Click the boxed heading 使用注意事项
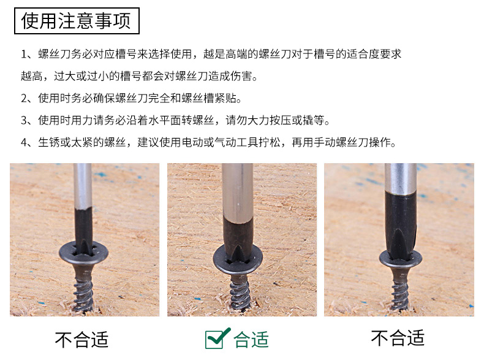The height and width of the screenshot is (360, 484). point(77,21)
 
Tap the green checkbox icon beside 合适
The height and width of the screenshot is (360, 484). point(217,339)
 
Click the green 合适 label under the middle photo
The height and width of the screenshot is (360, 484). point(251,340)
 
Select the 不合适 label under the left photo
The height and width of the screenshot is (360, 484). point(82,340)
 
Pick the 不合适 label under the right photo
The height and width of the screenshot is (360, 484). point(398,338)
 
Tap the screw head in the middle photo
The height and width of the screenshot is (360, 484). point(238,259)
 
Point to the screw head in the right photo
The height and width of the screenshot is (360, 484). point(400,259)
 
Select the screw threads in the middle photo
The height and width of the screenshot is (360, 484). point(240,293)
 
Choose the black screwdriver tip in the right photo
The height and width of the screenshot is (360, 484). point(400,226)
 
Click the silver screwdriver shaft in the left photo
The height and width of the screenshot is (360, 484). point(83,186)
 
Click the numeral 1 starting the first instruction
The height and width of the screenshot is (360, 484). point(24,55)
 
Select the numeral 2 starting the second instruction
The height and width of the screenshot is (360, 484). point(24,98)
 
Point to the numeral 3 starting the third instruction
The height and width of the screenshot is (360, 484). point(24,120)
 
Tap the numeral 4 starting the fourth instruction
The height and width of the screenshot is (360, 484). point(24,142)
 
